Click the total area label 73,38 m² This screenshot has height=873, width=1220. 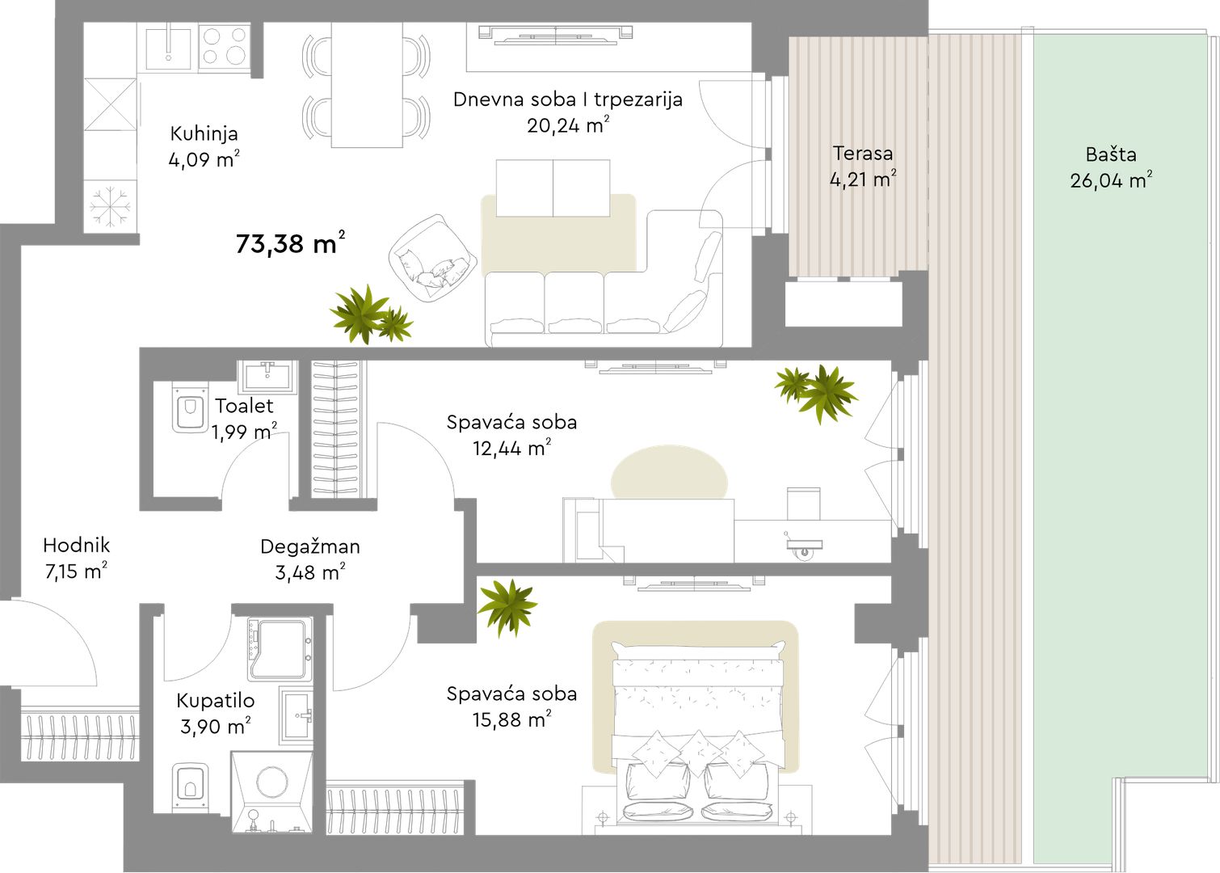(290, 243)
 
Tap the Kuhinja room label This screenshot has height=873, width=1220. (204, 133)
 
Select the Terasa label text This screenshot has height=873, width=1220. (863, 153)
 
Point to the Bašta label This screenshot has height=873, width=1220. (1111, 154)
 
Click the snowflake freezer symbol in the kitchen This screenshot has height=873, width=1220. (111, 207)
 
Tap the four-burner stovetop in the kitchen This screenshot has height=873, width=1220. (225, 47)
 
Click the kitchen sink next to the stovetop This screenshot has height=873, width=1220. (168, 47)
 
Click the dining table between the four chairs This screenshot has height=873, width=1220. (367, 85)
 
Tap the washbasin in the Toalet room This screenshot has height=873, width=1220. (267, 375)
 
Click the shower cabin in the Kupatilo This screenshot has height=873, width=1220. (280, 648)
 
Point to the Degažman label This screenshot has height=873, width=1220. (310, 546)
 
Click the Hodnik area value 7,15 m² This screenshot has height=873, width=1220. (76, 571)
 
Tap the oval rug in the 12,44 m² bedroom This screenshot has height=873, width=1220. (669, 472)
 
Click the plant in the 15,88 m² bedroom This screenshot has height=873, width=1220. (507, 606)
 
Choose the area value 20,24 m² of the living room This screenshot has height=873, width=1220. (567, 125)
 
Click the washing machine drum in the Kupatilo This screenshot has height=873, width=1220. (271, 782)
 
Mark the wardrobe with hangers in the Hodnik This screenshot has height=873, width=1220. (80, 734)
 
